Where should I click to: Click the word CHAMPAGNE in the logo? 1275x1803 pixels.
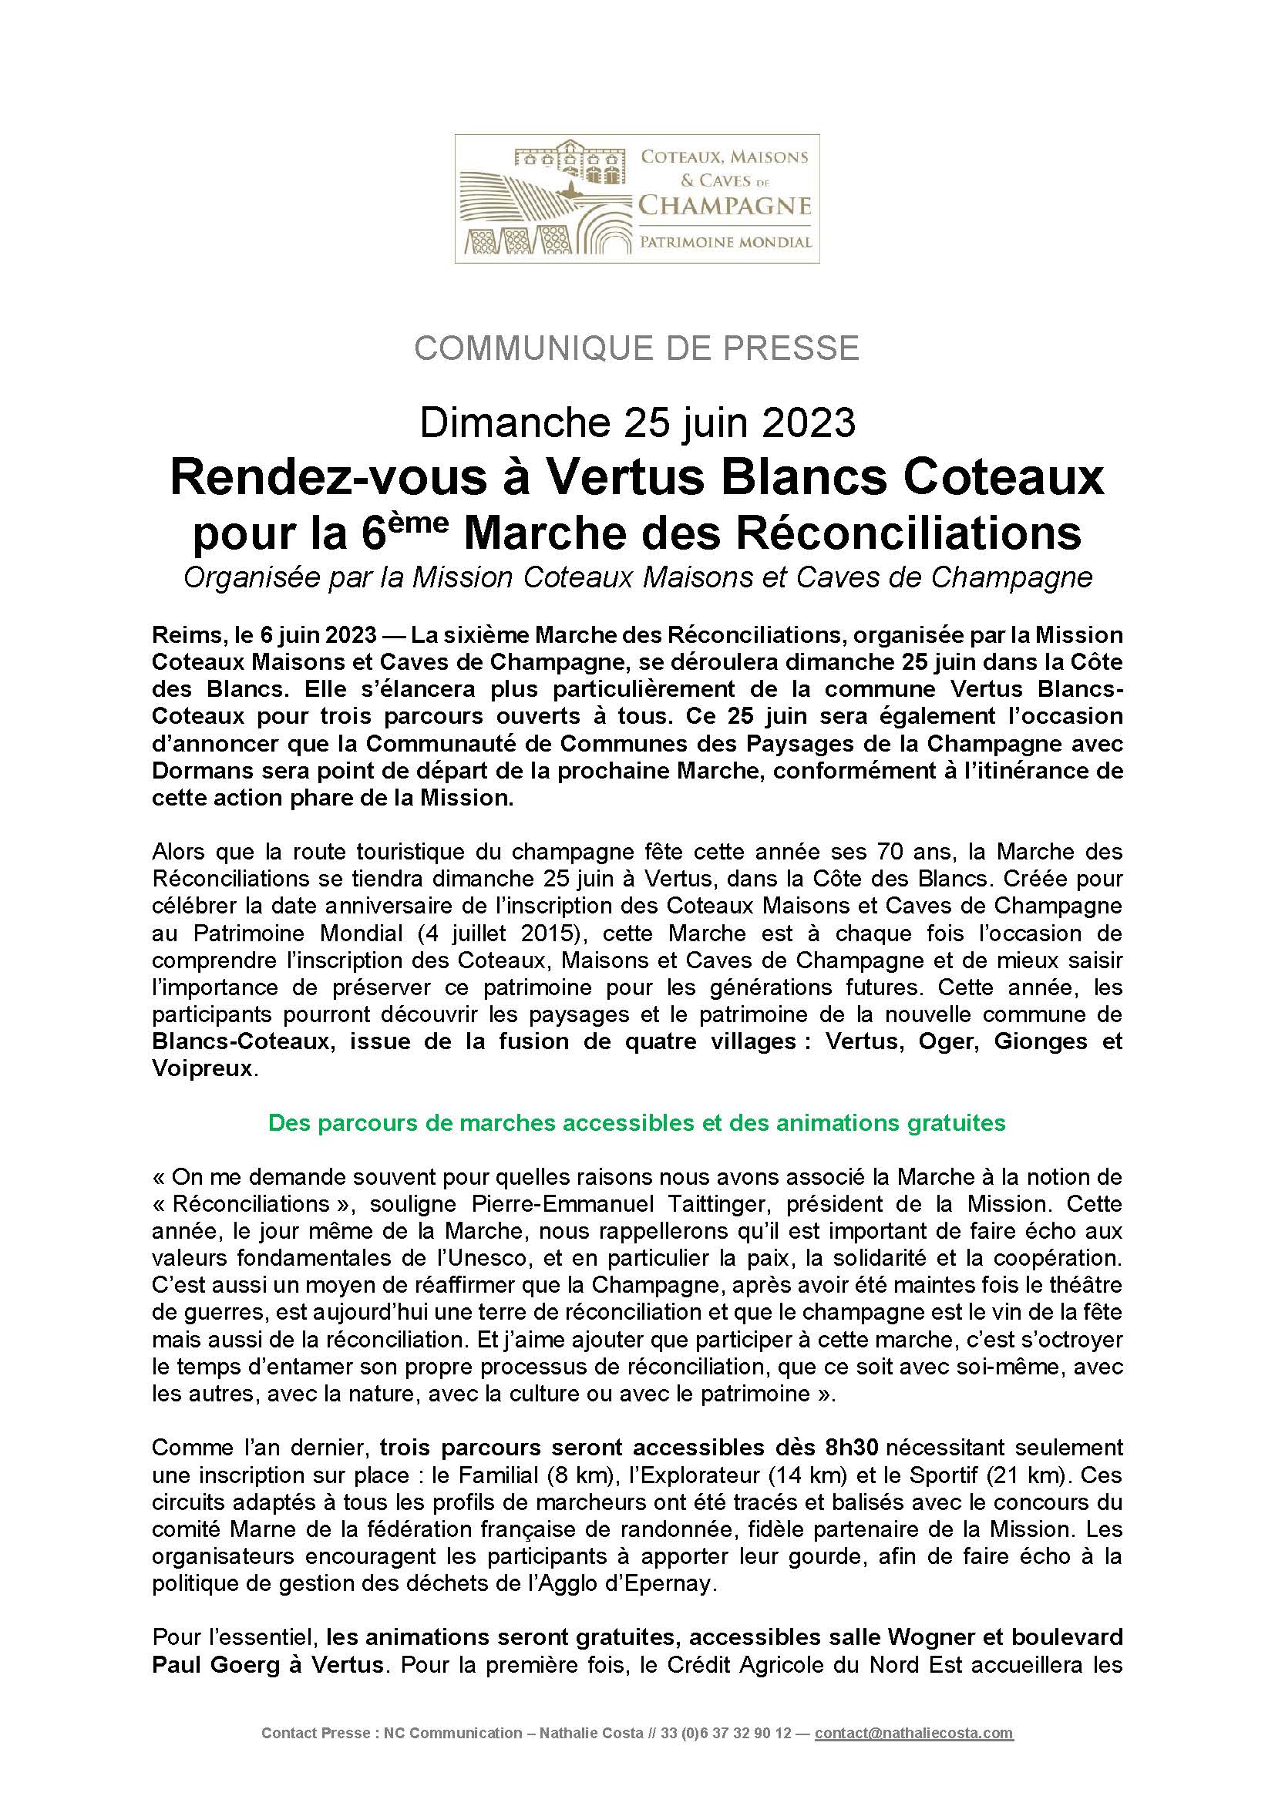click(x=724, y=207)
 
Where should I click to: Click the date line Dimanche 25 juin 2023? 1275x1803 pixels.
click(x=637, y=423)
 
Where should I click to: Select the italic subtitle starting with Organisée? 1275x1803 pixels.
click(x=637, y=578)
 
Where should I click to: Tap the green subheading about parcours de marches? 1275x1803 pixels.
click(x=637, y=1123)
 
